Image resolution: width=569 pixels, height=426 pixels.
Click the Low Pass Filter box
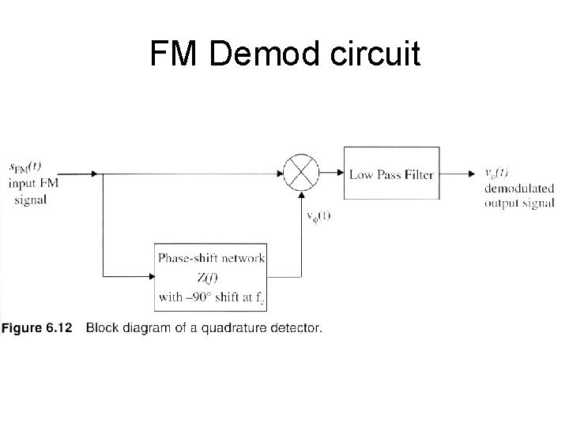(391, 174)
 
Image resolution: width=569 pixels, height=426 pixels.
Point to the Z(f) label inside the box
(210, 278)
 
